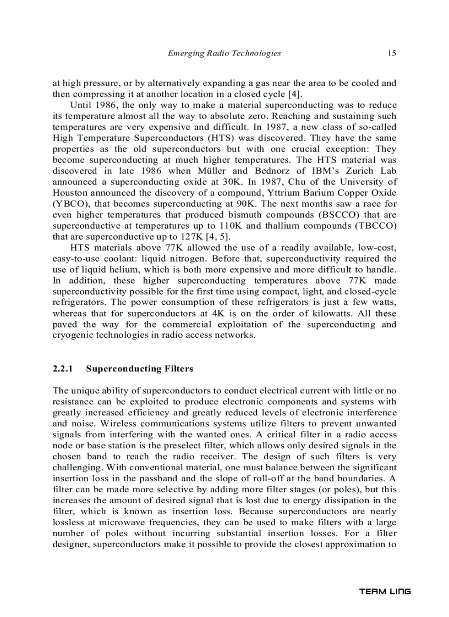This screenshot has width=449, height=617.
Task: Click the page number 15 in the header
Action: pos(391,53)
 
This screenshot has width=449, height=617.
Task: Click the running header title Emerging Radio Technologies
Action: pos(224,53)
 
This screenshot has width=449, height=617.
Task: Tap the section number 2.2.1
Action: pos(62,369)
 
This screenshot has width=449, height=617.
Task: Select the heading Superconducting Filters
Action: pos(140,369)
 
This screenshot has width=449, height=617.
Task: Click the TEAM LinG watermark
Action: pos(385,591)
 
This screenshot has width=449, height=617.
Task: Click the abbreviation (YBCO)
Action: pos(70,203)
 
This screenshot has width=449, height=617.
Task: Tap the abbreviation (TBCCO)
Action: pos(375,225)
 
